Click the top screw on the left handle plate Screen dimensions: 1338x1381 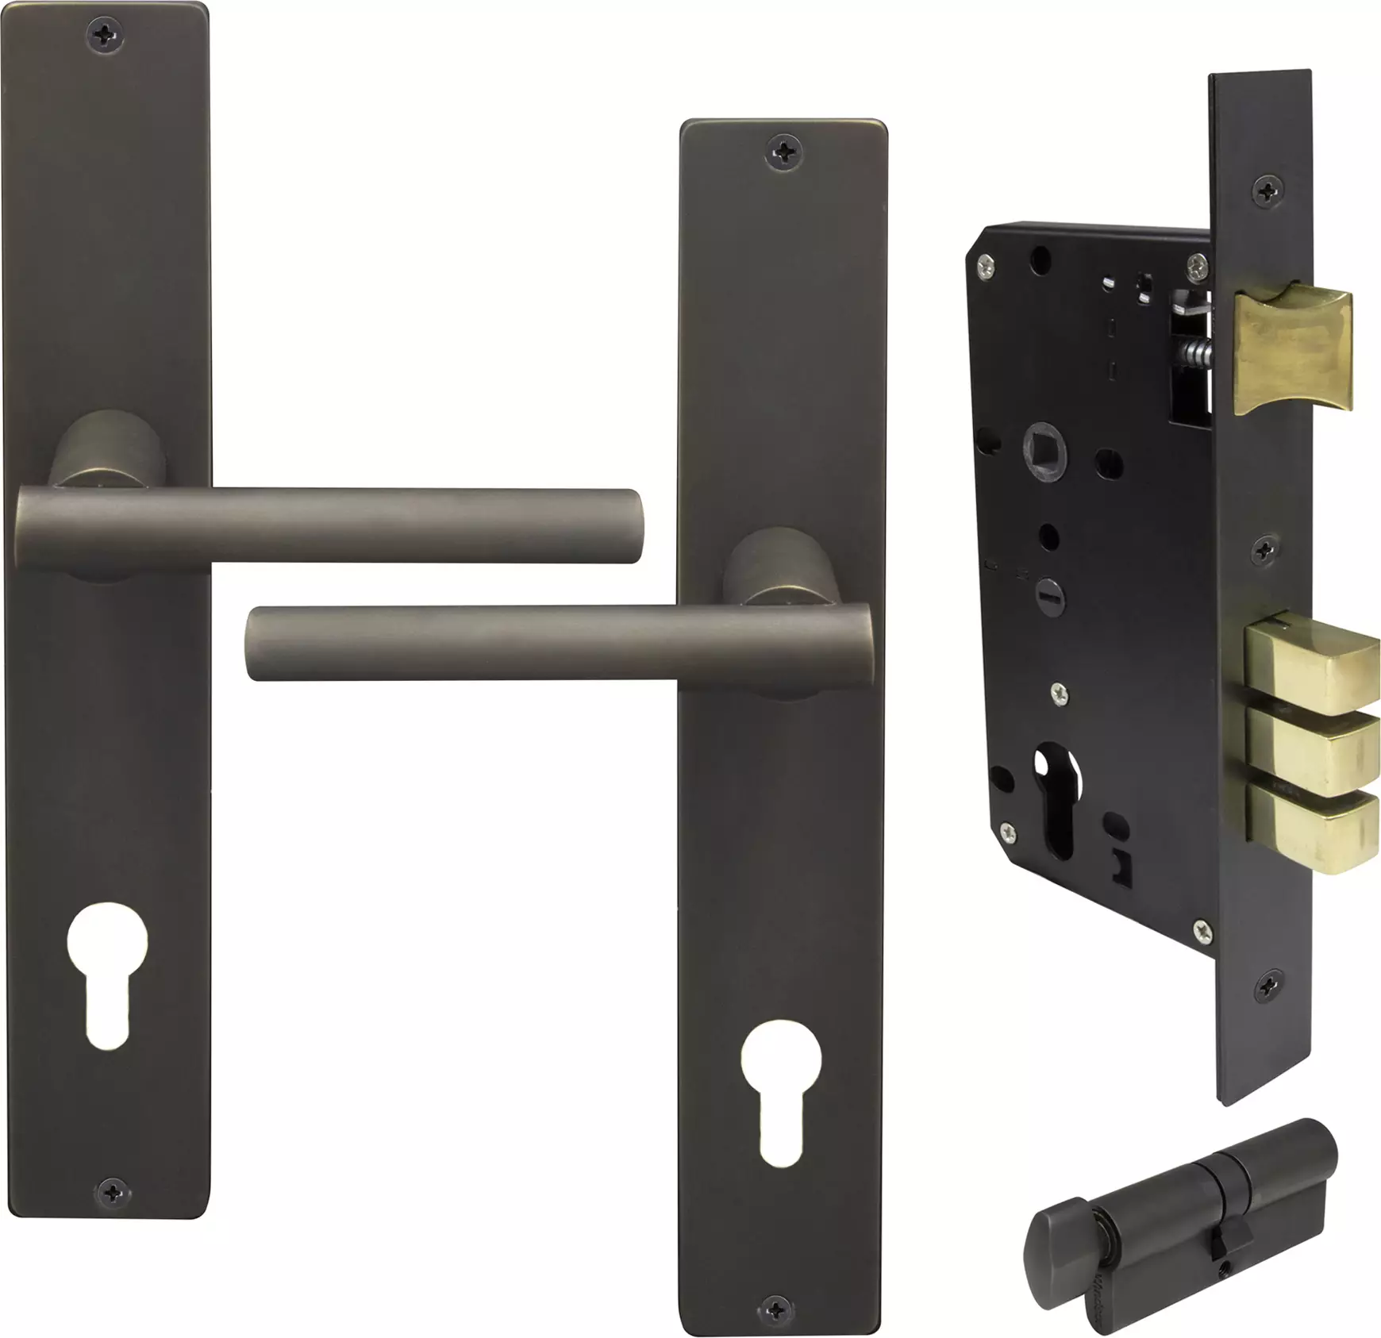tap(106, 34)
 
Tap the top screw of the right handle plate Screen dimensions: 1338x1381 tap(784, 149)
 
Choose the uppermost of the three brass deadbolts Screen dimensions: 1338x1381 tap(1310, 667)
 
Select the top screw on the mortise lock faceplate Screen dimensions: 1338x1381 tap(1266, 189)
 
